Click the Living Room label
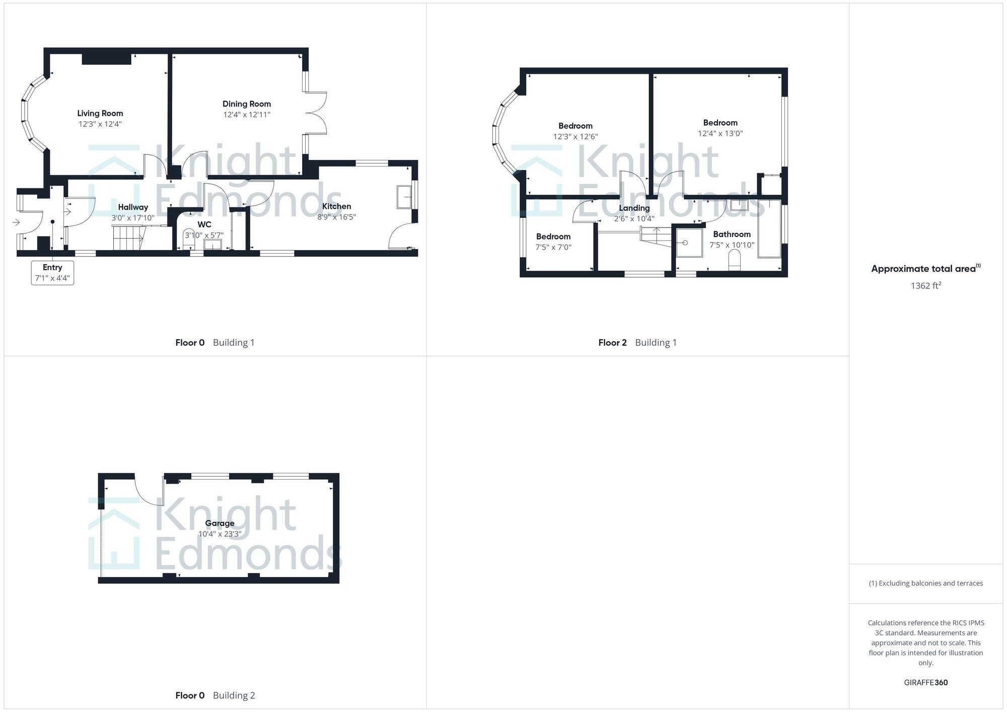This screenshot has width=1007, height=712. click(x=100, y=113)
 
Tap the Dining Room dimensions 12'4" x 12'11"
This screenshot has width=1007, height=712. click(x=247, y=115)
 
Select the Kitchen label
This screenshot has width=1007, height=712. click(x=336, y=206)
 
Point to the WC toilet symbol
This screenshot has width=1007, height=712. click(x=189, y=239)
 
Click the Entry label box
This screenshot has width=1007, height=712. click(x=52, y=273)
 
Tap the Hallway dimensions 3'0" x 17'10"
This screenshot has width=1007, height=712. click(x=133, y=218)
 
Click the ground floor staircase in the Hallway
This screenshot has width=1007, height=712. click(x=128, y=238)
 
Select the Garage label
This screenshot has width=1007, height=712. click(x=220, y=523)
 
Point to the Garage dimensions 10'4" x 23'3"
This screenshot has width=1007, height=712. click(x=220, y=534)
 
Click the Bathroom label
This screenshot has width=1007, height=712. click(x=732, y=234)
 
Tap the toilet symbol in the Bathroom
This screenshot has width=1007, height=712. click(x=735, y=261)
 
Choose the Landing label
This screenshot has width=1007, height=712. click(x=634, y=208)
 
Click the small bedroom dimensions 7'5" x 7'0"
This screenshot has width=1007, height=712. click(x=553, y=247)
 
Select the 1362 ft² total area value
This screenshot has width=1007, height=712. click(x=925, y=286)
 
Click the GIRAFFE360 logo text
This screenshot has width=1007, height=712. click(x=925, y=682)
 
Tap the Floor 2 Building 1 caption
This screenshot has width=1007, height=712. click(x=637, y=343)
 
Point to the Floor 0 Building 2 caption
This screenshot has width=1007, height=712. click(x=215, y=695)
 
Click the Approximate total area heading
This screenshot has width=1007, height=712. click(x=925, y=269)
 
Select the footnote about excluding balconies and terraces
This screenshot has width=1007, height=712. click(x=925, y=583)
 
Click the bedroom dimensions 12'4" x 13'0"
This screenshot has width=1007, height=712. click(x=720, y=133)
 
